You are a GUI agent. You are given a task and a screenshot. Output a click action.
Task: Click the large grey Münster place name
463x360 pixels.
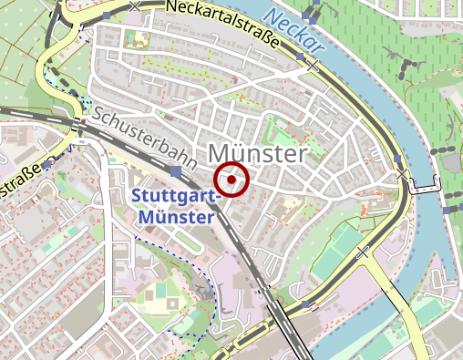(258, 153)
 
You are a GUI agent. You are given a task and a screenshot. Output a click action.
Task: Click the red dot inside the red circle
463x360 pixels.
(232, 180)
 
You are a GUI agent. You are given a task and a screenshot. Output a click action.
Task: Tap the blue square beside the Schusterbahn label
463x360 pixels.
(175, 170)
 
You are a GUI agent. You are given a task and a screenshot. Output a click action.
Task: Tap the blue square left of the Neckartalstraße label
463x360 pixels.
(108, 15)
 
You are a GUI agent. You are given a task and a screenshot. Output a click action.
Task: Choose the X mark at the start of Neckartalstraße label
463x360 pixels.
(136, 6)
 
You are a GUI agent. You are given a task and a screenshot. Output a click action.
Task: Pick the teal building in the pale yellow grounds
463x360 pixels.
(161, 290)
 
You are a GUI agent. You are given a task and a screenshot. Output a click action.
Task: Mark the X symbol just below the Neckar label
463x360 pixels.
(313, 66)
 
